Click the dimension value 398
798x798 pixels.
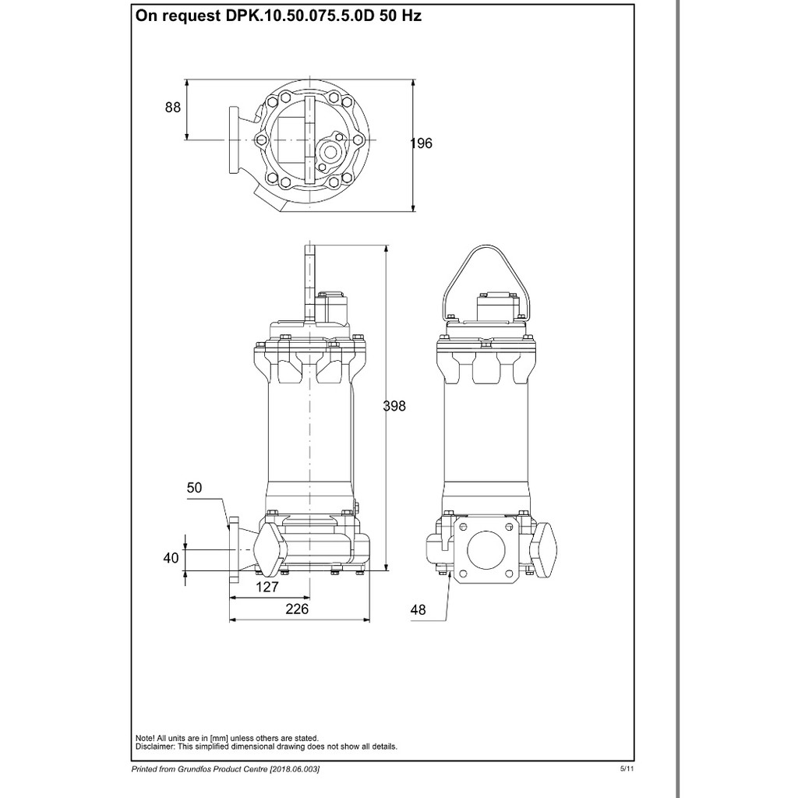pyautogui.click(x=394, y=405)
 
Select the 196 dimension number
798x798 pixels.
pyautogui.click(x=422, y=143)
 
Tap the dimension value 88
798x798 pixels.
pyautogui.click(x=172, y=108)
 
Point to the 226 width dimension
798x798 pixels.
pyautogui.click(x=297, y=609)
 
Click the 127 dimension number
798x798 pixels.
pyautogui.click(x=267, y=588)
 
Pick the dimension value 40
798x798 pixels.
pyautogui.click(x=171, y=558)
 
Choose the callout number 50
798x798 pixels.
pyautogui.click(x=194, y=488)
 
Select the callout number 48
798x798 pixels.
pyautogui.click(x=418, y=609)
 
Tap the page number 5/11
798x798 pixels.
pyautogui.click(x=627, y=769)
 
